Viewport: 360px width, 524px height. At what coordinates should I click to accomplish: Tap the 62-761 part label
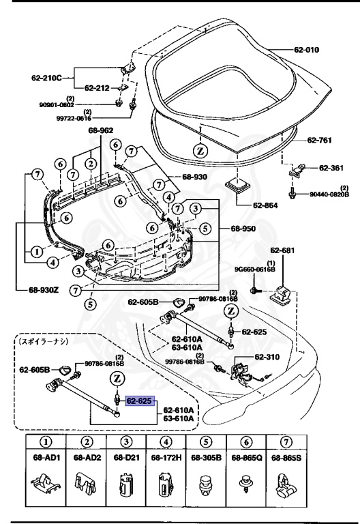[x=320, y=140]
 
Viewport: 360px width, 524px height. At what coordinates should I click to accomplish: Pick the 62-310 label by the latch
[x=268, y=357]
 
